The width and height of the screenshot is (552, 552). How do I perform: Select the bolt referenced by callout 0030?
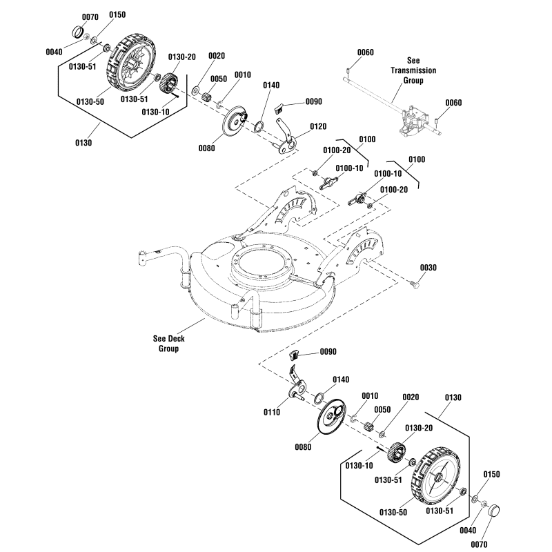414,284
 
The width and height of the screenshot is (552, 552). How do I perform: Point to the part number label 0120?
318,126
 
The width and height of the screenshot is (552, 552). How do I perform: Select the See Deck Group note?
169,344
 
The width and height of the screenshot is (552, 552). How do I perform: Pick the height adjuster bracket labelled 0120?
286,137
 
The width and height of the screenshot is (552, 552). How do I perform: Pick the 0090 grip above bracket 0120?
280,106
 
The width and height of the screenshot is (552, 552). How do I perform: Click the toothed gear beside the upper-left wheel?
168,85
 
